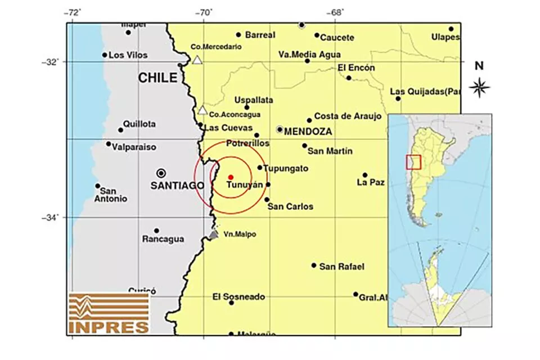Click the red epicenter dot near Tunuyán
click(231, 177)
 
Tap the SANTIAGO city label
click(177, 185)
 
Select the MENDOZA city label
click(308, 132)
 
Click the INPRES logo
click(109, 313)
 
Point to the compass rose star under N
click(479, 87)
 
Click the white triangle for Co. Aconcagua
click(202, 110)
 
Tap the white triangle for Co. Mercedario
click(197, 60)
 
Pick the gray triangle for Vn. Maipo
click(213, 234)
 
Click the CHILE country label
click(158, 78)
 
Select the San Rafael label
click(342, 266)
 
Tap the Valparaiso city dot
click(109, 144)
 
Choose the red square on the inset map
click(413, 161)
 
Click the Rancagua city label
click(163, 239)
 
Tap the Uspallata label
click(254, 100)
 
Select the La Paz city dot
click(364, 175)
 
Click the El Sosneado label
click(238, 296)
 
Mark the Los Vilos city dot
click(105, 55)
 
